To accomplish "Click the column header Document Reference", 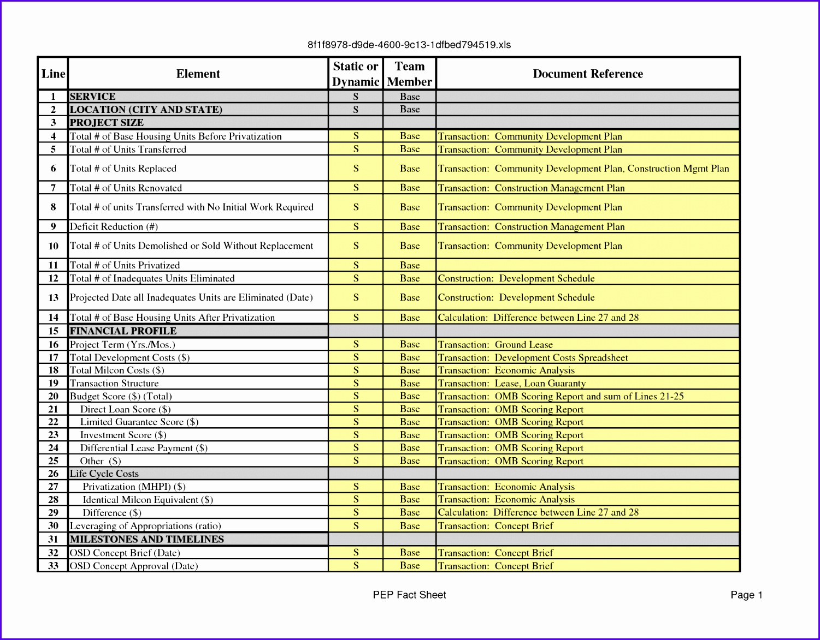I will tap(588, 74).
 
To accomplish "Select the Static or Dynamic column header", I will tap(356, 74).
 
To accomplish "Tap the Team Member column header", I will tap(409, 74).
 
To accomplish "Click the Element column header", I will tap(198, 74).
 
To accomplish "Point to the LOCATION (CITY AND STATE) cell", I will tap(146, 110).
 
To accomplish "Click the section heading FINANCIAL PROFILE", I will tap(123, 331).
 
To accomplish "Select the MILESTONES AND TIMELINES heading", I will tap(146, 540).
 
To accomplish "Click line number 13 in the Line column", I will tap(53, 298).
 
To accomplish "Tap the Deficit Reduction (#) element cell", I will tap(114, 226).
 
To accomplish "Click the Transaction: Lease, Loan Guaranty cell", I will tap(512, 384).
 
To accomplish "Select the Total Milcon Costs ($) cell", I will tap(117, 370).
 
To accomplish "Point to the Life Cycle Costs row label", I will tap(104, 474).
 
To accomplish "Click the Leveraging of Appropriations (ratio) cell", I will tap(145, 526).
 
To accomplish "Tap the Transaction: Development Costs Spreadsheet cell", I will tap(533, 358).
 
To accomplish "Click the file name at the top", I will tap(409, 45).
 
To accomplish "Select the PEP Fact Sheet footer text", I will tap(409, 595).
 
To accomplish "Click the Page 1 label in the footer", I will tap(746, 595).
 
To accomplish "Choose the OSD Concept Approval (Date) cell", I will tap(134, 566).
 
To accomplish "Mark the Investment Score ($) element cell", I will tap(123, 435).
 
